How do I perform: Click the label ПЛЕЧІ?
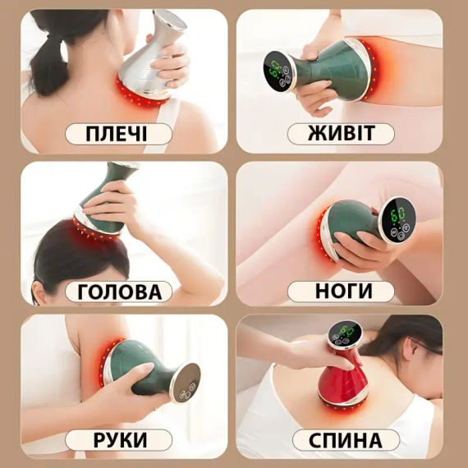[x=118, y=134]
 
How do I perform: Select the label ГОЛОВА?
[x=118, y=291]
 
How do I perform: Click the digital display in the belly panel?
[x=277, y=67]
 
